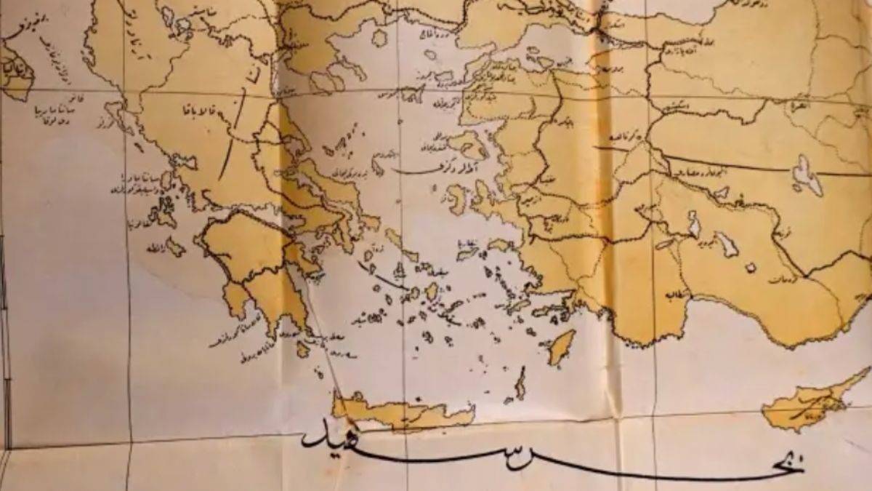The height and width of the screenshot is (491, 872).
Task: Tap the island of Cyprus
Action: (x=807, y=404)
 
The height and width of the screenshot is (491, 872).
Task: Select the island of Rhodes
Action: (x=561, y=347)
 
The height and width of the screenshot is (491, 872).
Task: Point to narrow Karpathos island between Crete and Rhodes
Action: (x=520, y=383)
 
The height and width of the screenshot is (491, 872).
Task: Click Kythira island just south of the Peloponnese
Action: (x=303, y=350)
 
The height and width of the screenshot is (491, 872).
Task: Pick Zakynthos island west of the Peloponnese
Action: (x=175, y=247)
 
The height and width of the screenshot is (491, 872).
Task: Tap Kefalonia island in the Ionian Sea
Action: (x=161, y=215)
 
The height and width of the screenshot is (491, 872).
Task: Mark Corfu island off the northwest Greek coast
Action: (x=114, y=110)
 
